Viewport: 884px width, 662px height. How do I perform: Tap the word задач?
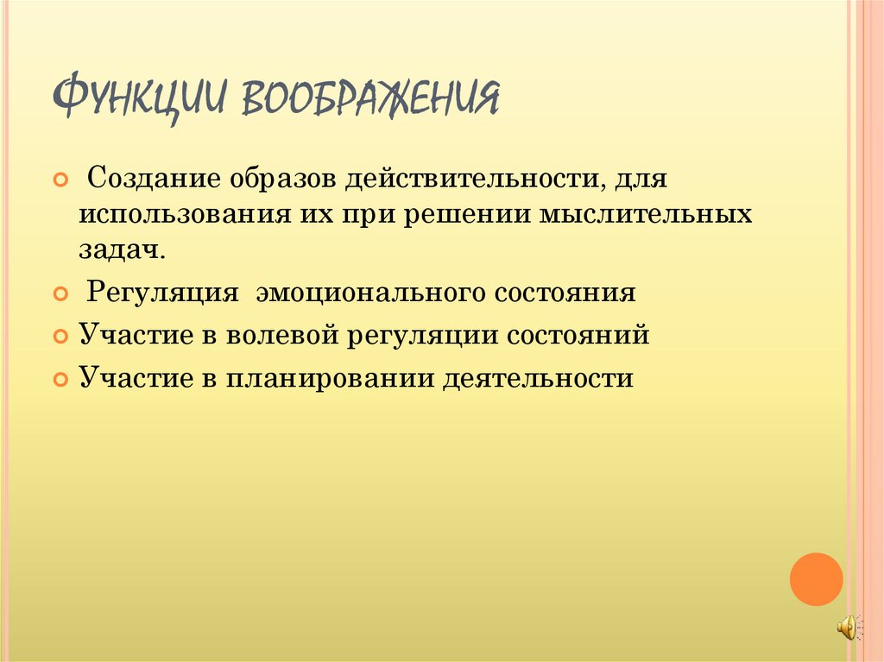(x=122, y=250)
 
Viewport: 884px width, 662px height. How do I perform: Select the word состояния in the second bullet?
(x=565, y=292)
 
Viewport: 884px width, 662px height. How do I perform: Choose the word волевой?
(x=279, y=334)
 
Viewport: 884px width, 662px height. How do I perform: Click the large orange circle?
(x=816, y=578)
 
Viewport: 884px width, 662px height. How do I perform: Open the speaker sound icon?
(x=848, y=628)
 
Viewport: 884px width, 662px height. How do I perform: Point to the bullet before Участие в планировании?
(x=60, y=379)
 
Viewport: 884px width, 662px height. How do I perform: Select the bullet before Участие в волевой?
(x=60, y=335)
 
